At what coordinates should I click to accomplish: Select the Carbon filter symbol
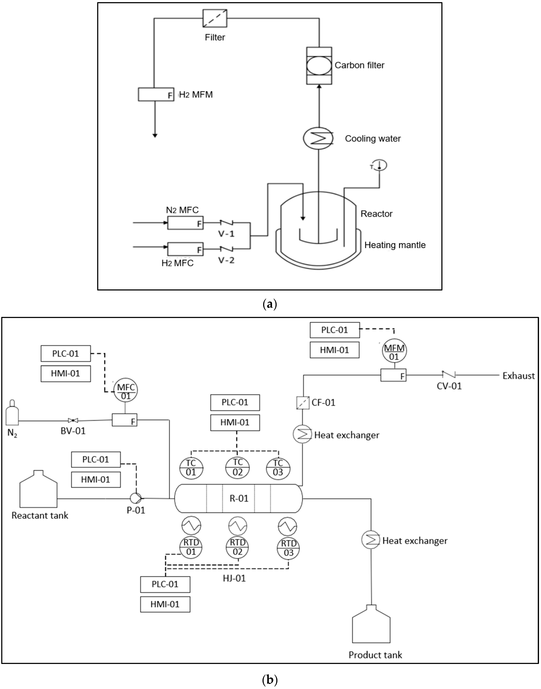319,66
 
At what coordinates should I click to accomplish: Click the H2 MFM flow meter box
156,95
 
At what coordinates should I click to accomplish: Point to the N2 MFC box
185,223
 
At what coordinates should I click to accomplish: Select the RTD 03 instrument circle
289,548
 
